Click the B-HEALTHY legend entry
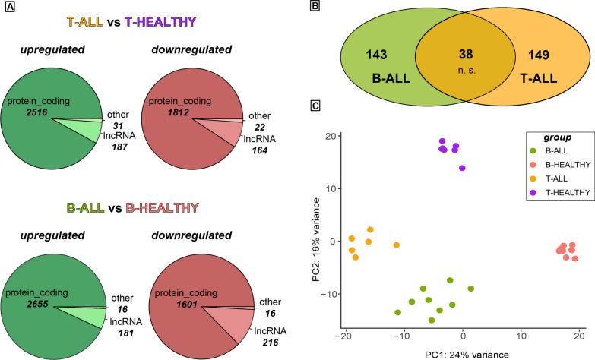pos(561,164)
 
